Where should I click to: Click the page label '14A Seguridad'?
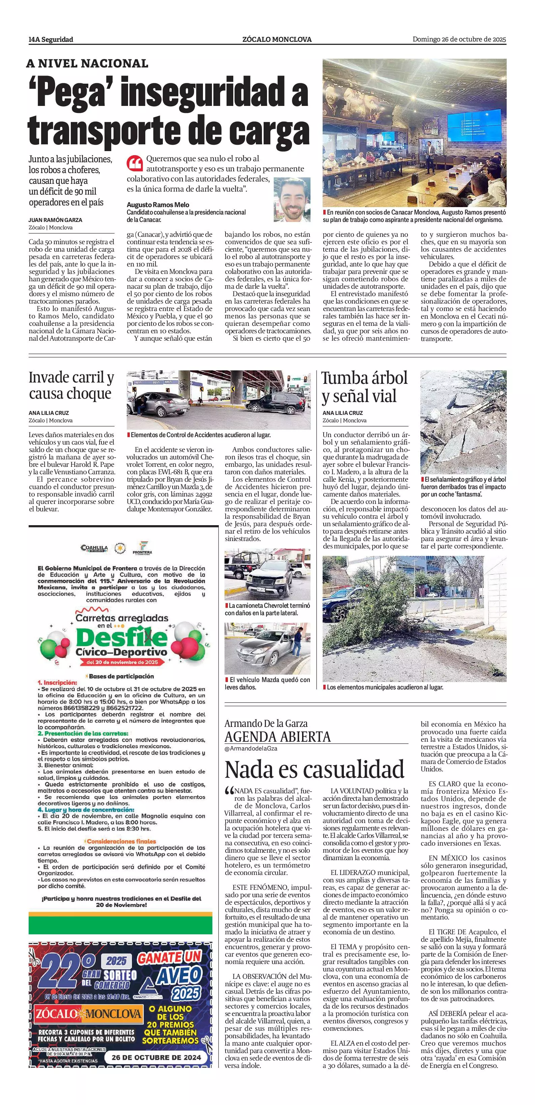pos(51,39)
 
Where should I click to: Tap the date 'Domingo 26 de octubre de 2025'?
pos(459,39)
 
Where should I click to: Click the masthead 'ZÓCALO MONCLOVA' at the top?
pos(276,39)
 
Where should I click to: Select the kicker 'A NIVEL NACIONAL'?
pos(87,64)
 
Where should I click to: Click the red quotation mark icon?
pos(134,164)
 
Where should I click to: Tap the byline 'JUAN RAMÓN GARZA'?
pos(55,220)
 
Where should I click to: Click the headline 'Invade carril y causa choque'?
pos(71,385)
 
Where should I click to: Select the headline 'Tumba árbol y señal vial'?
pos(364,387)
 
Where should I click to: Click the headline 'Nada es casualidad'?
pos(314,769)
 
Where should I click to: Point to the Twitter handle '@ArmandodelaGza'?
pos(251,748)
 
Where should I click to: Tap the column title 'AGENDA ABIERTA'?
pos(277,737)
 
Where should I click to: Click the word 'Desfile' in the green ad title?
pos(121,637)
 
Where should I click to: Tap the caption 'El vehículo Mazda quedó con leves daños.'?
pos(267,683)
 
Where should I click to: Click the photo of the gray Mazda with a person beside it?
pos(267,649)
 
